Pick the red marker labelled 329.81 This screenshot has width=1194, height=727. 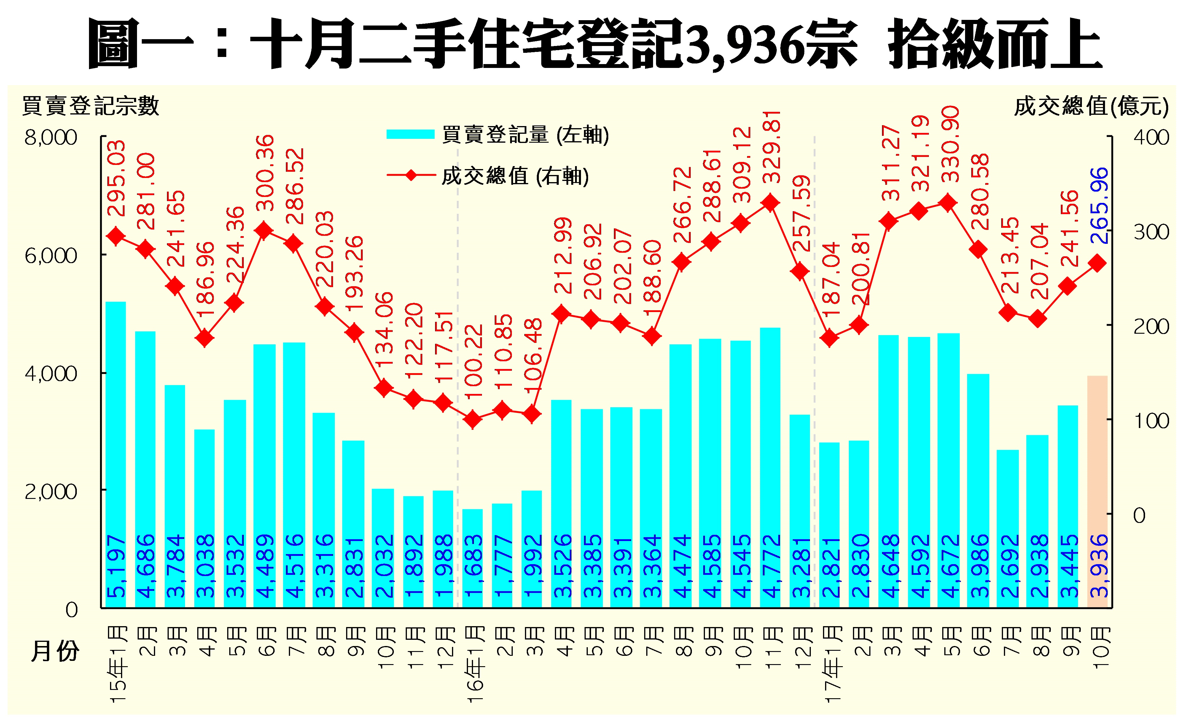770,203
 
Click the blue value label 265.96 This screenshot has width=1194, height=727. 1099,206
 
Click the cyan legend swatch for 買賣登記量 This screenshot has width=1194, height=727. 410,134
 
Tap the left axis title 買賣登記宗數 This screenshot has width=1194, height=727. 91,106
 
